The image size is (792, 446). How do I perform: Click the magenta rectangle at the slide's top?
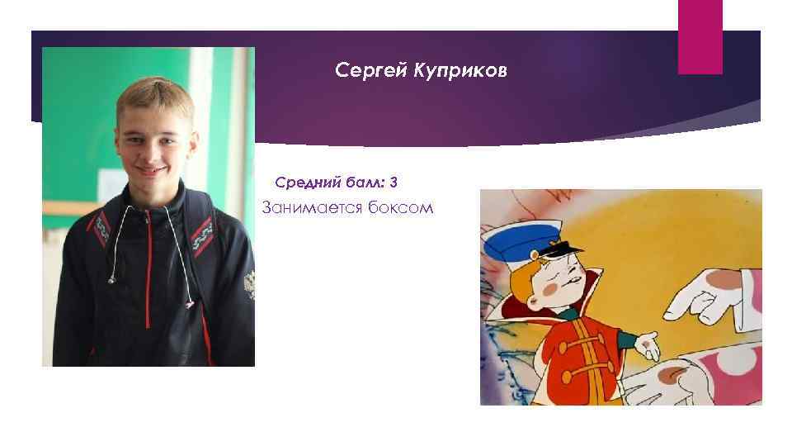pos(700,36)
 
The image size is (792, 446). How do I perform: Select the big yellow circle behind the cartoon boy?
pos(627,248)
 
